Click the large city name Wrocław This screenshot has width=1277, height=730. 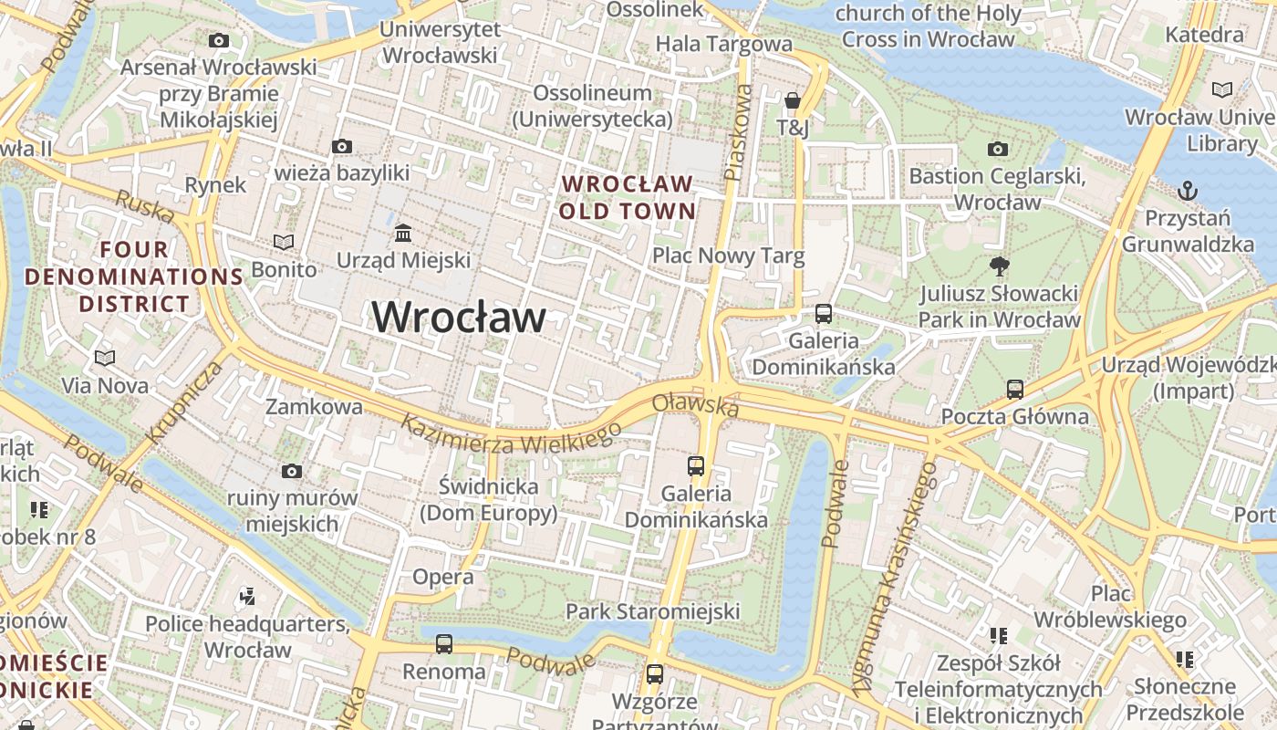pos(459,318)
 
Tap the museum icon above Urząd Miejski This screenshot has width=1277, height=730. pos(403,234)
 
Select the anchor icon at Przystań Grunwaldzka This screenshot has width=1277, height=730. pos(1187,191)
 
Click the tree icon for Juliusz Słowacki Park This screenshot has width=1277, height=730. pos(999,266)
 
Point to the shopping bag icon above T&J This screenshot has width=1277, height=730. pos(793,100)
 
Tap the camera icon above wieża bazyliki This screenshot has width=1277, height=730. pos(342,146)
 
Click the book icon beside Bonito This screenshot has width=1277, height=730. pos(284,242)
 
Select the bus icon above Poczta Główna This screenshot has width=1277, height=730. pos(1014,390)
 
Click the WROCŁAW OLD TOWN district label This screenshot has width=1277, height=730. pos(628,197)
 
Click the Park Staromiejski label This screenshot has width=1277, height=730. pos(652,611)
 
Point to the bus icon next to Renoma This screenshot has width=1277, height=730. pos(444,644)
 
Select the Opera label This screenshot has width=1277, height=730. pos(443,577)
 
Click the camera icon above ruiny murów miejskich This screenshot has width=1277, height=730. pos(292,471)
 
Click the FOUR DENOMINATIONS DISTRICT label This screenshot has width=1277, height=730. pos(134,276)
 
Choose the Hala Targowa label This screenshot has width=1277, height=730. pos(724,43)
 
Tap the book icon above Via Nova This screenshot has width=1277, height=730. pos(105,358)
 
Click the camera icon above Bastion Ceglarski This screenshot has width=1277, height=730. pos(998,149)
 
